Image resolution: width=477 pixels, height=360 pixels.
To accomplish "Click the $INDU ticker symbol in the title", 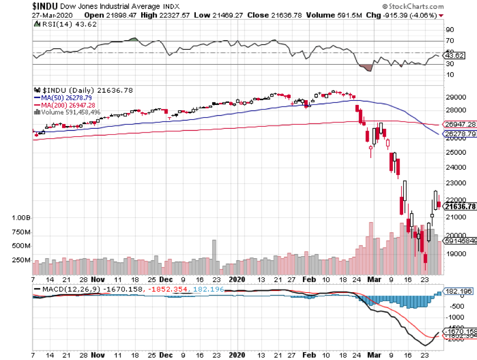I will (x=16, y=6).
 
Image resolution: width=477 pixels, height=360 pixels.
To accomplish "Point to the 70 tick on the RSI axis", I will (x=449, y=41).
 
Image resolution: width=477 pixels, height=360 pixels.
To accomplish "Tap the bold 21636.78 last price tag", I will (x=460, y=206).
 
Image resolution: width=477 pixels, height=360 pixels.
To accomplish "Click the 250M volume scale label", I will (x=21, y=260).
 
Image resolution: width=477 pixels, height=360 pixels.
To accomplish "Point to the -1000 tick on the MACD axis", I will (x=455, y=317).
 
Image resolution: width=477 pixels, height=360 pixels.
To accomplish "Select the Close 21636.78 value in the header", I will (x=270, y=15).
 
